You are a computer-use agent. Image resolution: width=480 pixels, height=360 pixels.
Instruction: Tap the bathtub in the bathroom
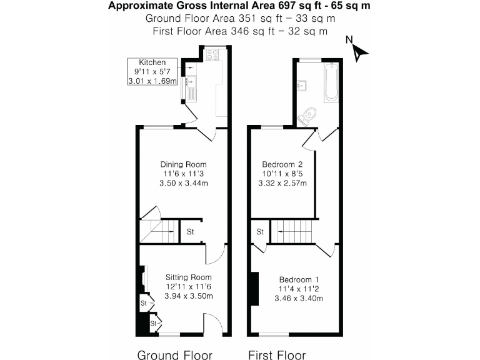click(330, 84)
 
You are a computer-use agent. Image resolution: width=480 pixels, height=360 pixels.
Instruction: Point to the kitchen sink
click(192, 81)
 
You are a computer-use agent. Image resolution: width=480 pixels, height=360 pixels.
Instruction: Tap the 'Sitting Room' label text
click(188, 277)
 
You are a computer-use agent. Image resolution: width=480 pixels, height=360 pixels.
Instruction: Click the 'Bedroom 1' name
click(299, 279)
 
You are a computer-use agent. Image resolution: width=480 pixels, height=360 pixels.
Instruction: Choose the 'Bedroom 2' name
click(283, 164)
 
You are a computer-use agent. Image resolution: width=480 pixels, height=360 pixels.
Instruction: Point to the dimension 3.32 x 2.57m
click(283, 183)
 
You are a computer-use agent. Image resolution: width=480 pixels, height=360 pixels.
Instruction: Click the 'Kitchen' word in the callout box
click(152, 62)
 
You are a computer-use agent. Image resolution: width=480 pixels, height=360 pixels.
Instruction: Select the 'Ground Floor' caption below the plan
click(174, 355)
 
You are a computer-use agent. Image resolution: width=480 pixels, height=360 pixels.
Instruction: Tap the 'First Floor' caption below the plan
click(277, 355)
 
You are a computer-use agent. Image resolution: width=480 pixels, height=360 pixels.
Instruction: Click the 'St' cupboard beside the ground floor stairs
click(191, 232)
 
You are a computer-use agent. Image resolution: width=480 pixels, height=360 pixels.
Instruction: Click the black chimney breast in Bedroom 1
click(254, 289)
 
